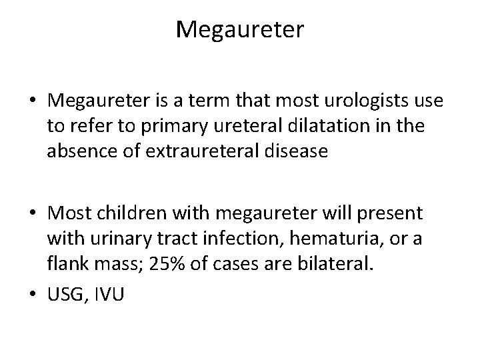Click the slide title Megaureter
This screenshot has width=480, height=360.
point(240,29)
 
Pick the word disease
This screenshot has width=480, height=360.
point(296,152)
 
